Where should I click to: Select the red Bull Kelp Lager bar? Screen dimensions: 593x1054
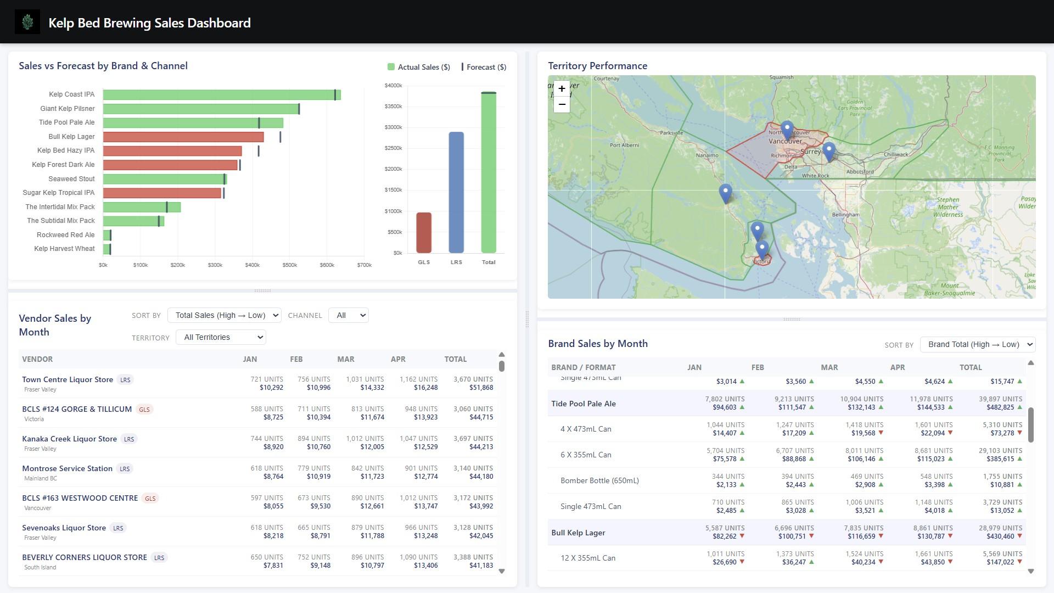pyautogui.click(x=183, y=137)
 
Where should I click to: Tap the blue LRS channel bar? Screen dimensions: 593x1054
pyautogui.click(x=456, y=192)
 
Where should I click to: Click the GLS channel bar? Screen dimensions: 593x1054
pyautogui.click(x=423, y=232)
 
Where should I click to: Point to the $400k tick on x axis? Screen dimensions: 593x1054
pyautogui.click(x=252, y=265)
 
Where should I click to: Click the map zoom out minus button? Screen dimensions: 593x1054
pyautogui.click(x=562, y=104)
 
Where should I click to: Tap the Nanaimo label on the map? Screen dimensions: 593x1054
pyautogui.click(x=707, y=155)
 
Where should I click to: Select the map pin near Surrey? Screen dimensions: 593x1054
pyautogui.click(x=828, y=151)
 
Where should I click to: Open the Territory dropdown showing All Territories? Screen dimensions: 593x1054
pyautogui.click(x=221, y=337)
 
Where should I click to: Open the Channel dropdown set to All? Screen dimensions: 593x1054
pyautogui.click(x=348, y=315)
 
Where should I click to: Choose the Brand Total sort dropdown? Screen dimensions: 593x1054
pyautogui.click(x=977, y=344)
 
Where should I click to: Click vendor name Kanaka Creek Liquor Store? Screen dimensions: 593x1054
pyautogui.click(x=69, y=439)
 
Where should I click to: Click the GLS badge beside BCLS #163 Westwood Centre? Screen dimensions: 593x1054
pyautogui.click(x=150, y=499)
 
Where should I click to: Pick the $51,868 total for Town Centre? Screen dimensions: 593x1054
pyautogui.click(x=481, y=388)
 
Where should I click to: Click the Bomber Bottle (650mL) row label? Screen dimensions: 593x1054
pyautogui.click(x=599, y=480)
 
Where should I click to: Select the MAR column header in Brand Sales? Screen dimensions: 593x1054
pyautogui.click(x=829, y=367)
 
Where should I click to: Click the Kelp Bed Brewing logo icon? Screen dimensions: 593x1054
pyautogui.click(x=27, y=23)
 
